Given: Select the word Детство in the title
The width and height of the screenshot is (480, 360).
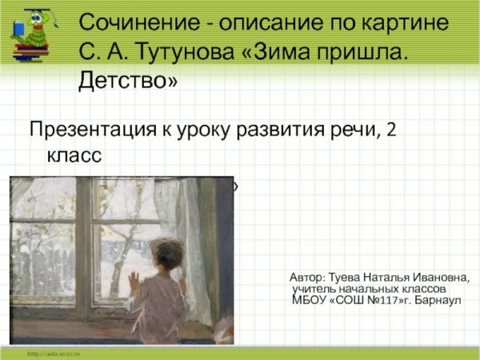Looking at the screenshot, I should (x=128, y=81).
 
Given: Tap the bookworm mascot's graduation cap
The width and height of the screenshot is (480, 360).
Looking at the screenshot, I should (x=35, y=13).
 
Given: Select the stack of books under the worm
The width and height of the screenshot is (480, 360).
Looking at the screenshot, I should (x=32, y=50).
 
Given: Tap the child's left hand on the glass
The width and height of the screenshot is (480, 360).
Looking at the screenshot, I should (x=134, y=282).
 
